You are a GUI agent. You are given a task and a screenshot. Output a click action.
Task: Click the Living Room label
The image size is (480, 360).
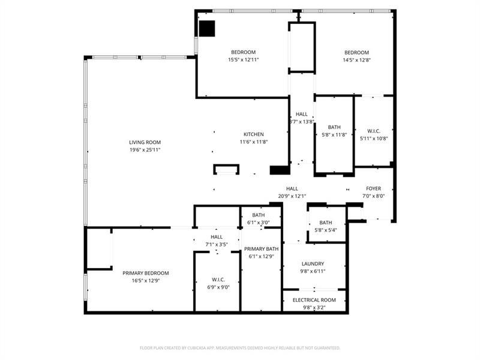tap(145, 142)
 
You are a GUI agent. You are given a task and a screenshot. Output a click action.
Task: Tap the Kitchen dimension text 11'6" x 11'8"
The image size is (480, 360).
tap(253, 142)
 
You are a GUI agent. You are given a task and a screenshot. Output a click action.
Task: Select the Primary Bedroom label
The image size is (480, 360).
tap(142, 273)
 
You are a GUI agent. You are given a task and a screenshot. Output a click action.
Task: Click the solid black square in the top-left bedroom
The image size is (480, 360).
tap(207, 28)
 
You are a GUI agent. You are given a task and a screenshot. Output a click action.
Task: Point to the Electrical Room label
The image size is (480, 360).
tap(314, 300)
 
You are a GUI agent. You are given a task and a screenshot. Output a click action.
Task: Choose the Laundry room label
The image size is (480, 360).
tap(313, 263)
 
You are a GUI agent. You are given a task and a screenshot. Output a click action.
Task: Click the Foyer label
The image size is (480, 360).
tap(373, 188)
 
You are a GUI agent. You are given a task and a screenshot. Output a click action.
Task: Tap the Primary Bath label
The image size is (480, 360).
tap(260, 249)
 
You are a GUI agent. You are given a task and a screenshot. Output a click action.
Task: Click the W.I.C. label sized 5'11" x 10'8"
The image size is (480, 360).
tap(373, 131)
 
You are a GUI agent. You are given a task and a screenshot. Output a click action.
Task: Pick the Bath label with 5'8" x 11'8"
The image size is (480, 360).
tap(334, 127)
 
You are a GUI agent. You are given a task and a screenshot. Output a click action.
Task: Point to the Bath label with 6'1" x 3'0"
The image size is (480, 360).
tap(259, 215)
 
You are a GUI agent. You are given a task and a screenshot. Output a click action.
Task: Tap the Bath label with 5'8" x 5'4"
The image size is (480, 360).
tap(326, 223)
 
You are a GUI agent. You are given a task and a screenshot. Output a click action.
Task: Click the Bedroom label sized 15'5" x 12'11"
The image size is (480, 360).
tap(243, 52)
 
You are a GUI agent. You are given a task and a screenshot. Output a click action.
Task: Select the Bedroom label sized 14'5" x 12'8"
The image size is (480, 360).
tap(356, 52)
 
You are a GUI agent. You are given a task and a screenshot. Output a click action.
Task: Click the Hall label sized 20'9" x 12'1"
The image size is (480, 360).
tap(292, 188)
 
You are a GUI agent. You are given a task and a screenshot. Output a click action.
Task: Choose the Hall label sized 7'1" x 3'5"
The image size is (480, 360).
tap(217, 237)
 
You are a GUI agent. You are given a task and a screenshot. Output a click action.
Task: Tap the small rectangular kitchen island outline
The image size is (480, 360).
tap(226, 169)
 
